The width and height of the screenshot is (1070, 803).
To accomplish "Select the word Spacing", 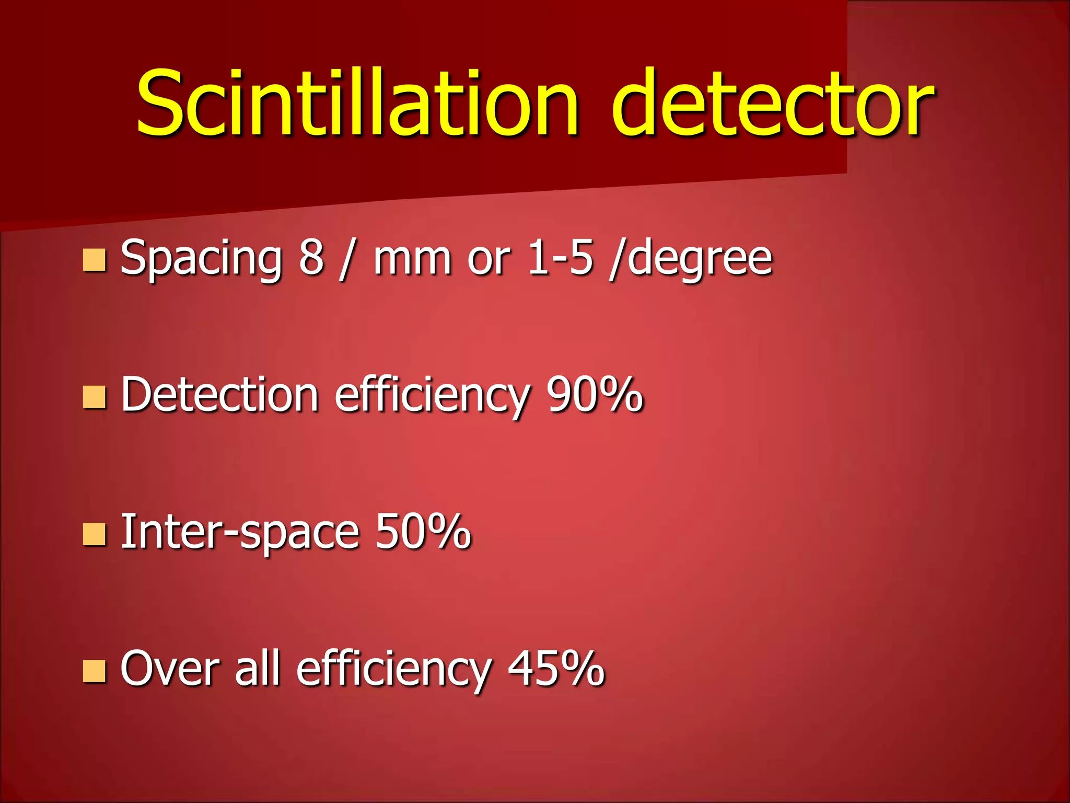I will pyautogui.click(x=201, y=258).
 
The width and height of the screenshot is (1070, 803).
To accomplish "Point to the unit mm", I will pyautogui.click(x=412, y=258).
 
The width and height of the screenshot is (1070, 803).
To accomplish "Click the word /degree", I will pyautogui.click(x=690, y=258).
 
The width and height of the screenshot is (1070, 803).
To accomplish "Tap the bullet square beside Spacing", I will pyautogui.click(x=95, y=260).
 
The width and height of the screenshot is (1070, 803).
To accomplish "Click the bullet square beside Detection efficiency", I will pyautogui.click(x=95, y=397).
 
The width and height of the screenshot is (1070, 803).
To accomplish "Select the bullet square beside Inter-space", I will pyautogui.click(x=95, y=534).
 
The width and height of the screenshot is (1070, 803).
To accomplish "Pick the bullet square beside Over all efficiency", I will pyautogui.click(x=95, y=671).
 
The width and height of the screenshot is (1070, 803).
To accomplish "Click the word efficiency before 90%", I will pyautogui.click(x=432, y=396).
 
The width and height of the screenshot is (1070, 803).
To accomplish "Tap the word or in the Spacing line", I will pyautogui.click(x=488, y=259).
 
